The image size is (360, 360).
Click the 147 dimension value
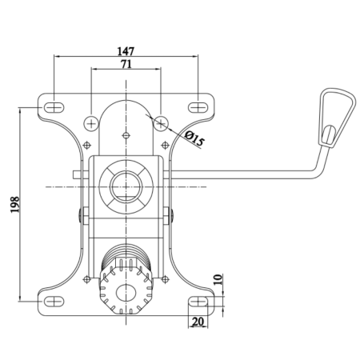pyautogui.click(x=126, y=51)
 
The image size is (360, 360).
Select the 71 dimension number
pyautogui.click(x=126, y=64)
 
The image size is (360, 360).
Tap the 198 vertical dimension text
pyautogui.click(x=15, y=205)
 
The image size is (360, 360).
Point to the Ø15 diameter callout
pyautogui.click(x=195, y=138)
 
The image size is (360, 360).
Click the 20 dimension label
pyautogui.click(x=198, y=322)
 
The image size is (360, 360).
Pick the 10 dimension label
pyautogui.click(x=218, y=279)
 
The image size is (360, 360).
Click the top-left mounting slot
pyautogui.click(x=54, y=107)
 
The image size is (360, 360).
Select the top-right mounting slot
pyautogui.click(x=198, y=107)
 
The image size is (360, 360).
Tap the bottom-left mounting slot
pyautogui.click(x=54, y=302)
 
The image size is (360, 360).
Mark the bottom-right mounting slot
pyautogui.click(x=198, y=302)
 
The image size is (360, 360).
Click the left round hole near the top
pyautogui.click(x=91, y=123)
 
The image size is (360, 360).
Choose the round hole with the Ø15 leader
pyautogui.click(x=161, y=123)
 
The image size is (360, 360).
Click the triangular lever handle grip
pyautogui.click(x=337, y=118)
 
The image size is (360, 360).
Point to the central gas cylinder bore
pyautogui.click(x=126, y=186)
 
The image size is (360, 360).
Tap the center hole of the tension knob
pyautogui.click(x=126, y=293)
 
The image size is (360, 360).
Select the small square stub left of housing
pyautogui.click(x=77, y=174)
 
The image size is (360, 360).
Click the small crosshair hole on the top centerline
pyautogui.click(x=126, y=136)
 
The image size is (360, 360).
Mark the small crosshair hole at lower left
pyautogui.click(x=86, y=279)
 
